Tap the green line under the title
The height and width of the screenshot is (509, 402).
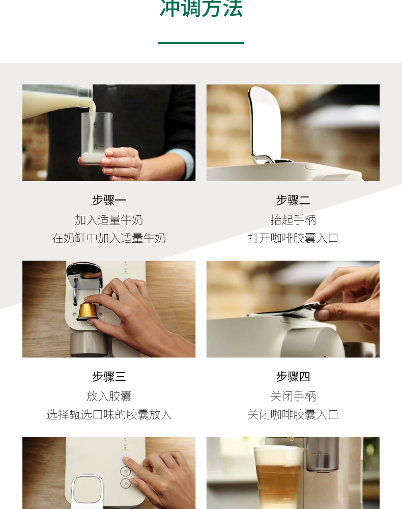(201, 43)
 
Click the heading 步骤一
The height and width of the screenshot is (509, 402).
(109, 200)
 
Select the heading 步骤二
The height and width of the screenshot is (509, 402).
(293, 200)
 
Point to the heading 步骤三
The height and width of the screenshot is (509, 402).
(109, 377)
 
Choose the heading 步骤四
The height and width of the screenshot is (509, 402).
(293, 377)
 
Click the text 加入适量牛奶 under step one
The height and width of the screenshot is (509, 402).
(109, 220)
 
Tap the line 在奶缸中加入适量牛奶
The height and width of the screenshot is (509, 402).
(109, 238)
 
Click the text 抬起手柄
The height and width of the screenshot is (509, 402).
(293, 220)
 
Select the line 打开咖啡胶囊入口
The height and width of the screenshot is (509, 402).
(293, 238)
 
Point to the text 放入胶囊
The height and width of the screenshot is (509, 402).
(109, 396)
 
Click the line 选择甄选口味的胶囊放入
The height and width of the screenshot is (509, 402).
(109, 414)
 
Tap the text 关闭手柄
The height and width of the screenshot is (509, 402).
(293, 396)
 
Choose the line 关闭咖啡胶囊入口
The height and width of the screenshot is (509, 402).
(293, 414)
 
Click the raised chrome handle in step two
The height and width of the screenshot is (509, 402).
(265, 125)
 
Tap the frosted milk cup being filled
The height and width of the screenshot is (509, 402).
(96, 137)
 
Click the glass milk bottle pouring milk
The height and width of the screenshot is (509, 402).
(57, 100)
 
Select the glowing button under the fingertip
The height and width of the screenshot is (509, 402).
(125, 460)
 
